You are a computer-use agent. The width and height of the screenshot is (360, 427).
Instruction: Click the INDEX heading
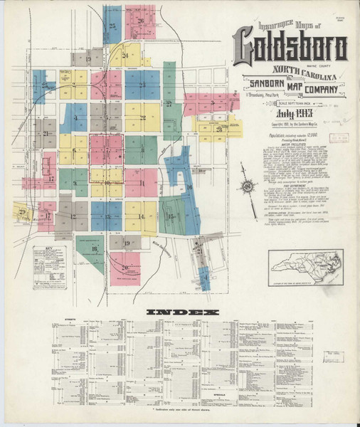tap(182, 312)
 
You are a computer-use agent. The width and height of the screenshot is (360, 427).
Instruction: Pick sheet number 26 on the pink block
tap(141, 21)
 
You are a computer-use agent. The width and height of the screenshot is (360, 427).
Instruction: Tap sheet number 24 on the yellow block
tap(125, 55)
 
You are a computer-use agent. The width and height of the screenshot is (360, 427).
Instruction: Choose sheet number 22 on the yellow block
tap(143, 117)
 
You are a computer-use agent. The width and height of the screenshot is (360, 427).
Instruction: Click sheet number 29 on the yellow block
tap(22, 211)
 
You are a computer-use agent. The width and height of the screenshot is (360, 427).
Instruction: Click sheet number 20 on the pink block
tap(125, 268)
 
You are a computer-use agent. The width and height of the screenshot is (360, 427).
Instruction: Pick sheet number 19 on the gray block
tap(127, 243)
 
